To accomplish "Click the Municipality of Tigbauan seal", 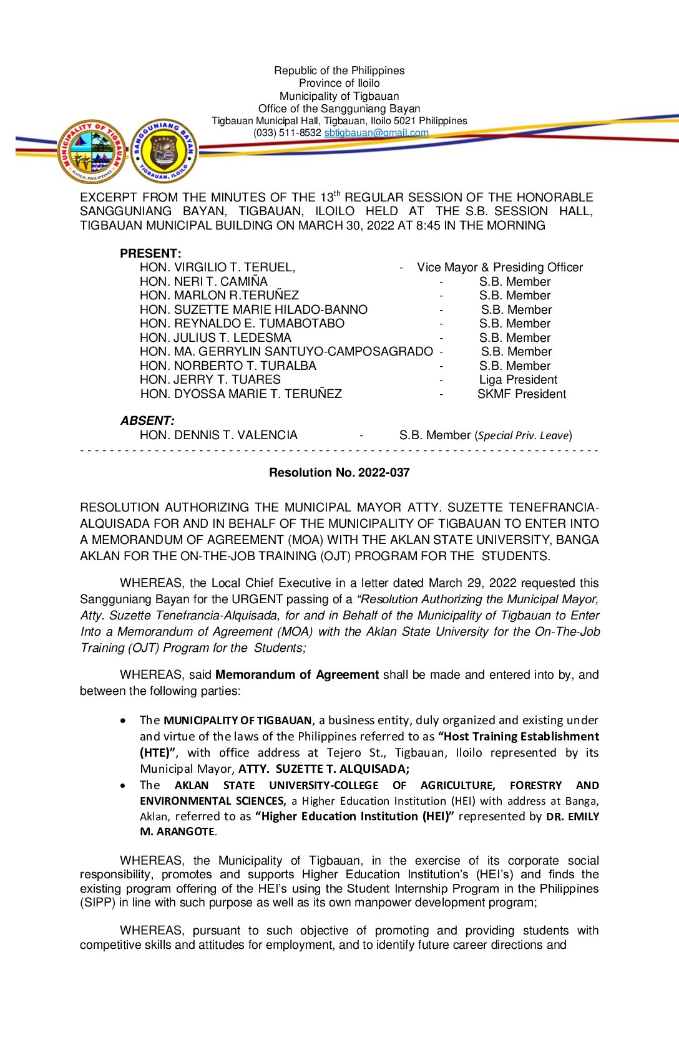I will click(92, 152).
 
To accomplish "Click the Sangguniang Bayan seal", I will click(165, 152).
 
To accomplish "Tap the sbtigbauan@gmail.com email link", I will click(376, 132).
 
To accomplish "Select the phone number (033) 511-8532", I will click(287, 132).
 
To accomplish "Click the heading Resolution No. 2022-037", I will click(339, 472).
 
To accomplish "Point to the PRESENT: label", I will click(150, 253).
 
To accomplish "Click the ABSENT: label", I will click(147, 420).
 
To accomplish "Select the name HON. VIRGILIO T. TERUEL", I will click(217, 267).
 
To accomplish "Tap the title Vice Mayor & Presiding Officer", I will click(500, 267).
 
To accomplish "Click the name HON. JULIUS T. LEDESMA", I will click(215, 337).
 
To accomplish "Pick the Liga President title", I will click(518, 379).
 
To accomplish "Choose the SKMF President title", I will click(522, 394).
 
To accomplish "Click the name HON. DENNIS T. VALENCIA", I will click(218, 435).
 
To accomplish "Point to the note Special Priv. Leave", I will click(524, 435).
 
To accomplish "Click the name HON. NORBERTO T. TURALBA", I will click(228, 366).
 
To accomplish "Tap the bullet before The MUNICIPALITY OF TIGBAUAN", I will click(124, 720).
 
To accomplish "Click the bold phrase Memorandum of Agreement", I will click(297, 674).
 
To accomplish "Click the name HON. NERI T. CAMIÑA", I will click(203, 281).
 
